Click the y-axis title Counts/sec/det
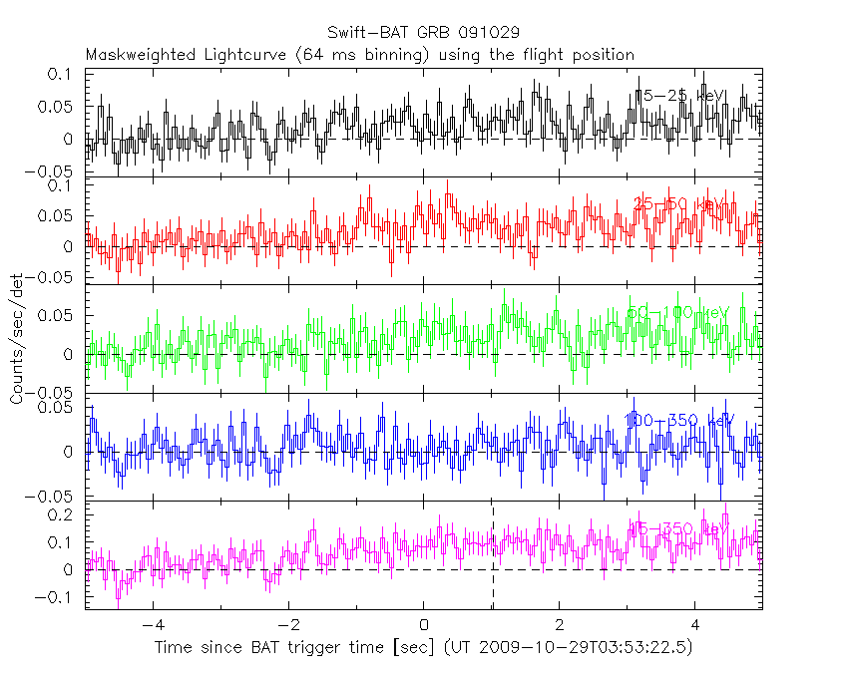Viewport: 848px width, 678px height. point(17,339)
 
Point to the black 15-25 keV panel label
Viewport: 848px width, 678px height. point(679,96)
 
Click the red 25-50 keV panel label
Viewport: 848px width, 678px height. point(679,204)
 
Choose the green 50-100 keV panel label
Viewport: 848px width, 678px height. point(679,313)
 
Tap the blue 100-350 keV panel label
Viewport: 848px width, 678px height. point(679,421)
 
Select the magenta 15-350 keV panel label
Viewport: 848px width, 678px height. point(679,528)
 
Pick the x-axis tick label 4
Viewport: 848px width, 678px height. point(695,626)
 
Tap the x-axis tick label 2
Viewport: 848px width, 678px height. point(560,626)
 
